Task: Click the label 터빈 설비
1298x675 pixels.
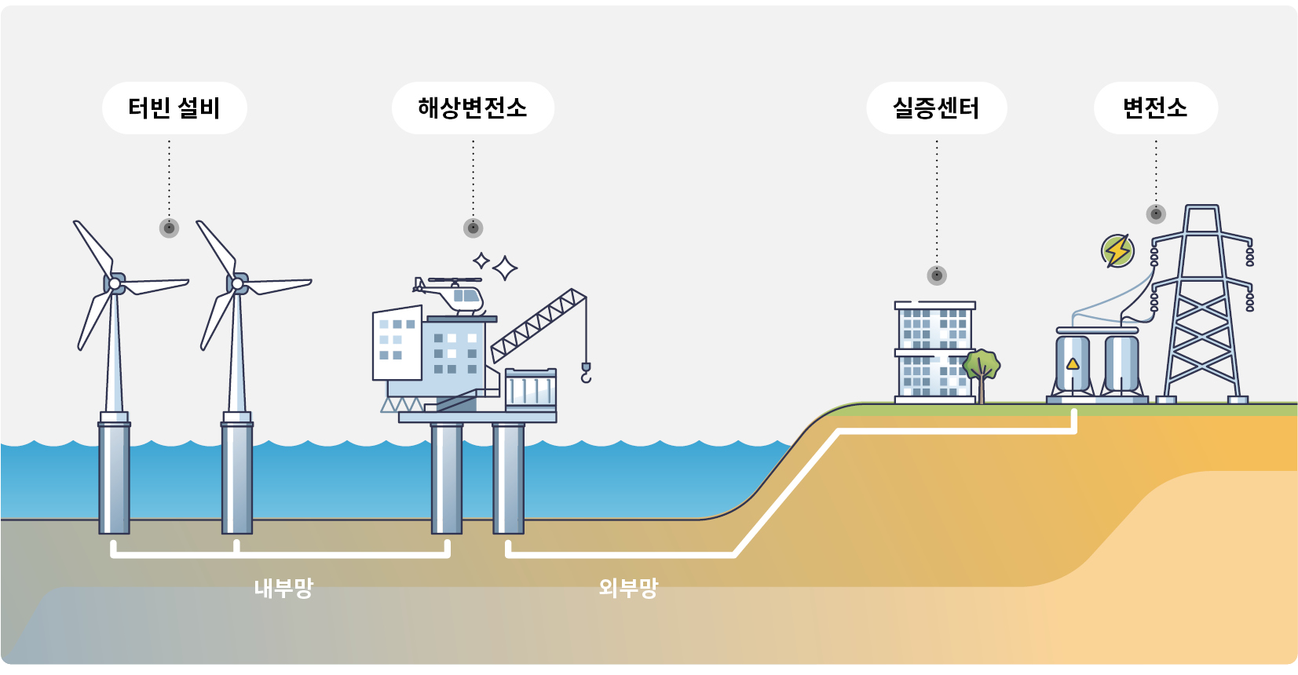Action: (x=174, y=108)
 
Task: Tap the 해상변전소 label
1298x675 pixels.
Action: (x=473, y=108)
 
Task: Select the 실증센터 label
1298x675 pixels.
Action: (x=936, y=108)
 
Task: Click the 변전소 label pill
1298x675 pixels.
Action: (x=1155, y=108)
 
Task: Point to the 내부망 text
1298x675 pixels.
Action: (x=283, y=588)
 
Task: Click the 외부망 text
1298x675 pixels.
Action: (x=628, y=587)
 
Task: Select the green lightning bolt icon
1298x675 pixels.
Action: (x=1117, y=251)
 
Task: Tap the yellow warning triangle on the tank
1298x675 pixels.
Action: (x=1073, y=363)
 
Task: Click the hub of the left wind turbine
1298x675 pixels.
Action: (x=115, y=283)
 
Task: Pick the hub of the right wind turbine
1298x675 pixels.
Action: (x=237, y=283)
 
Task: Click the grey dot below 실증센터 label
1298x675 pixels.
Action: (x=937, y=275)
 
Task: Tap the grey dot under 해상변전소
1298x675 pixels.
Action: (x=473, y=228)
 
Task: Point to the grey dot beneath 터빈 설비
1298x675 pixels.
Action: (x=169, y=228)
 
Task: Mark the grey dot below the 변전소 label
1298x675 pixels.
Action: (x=1156, y=213)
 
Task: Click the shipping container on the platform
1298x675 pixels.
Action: (x=531, y=389)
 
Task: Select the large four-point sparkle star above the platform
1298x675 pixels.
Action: (x=505, y=268)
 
